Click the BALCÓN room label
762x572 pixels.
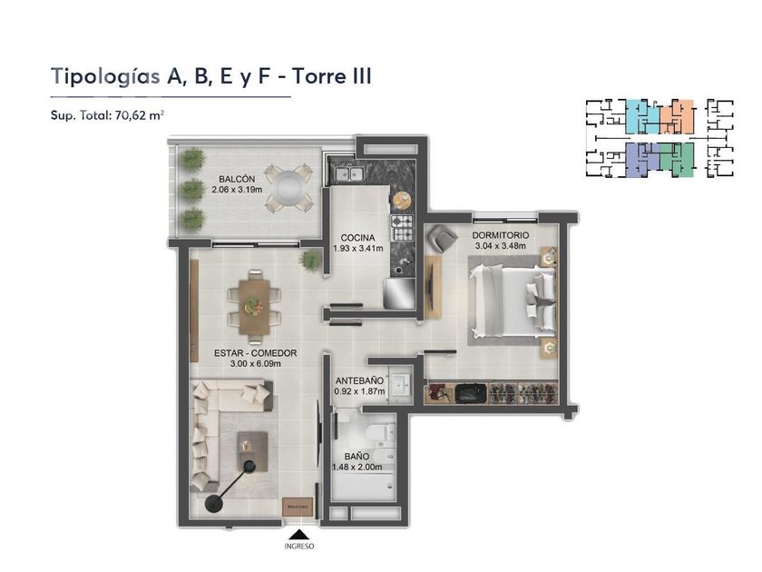click(237, 179)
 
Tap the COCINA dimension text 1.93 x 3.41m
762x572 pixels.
click(358, 249)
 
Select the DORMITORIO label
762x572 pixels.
click(501, 235)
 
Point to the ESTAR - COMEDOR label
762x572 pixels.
click(255, 353)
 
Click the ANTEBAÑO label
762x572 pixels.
click(359, 380)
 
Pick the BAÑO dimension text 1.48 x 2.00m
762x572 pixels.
click(357, 468)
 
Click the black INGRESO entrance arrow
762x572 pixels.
click(298, 534)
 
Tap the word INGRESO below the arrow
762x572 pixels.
click(299, 547)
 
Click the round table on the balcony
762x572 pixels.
click(288, 187)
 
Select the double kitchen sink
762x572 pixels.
click(348, 173)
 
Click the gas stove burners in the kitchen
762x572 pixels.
click(403, 228)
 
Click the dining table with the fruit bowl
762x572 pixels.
click(254, 307)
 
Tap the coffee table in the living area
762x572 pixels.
click(252, 451)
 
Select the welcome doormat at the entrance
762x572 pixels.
click(297, 507)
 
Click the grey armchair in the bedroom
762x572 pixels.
click(442, 237)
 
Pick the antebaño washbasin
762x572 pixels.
click(400, 386)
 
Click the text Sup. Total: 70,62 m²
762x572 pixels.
click(107, 115)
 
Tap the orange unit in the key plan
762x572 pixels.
click(679, 116)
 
